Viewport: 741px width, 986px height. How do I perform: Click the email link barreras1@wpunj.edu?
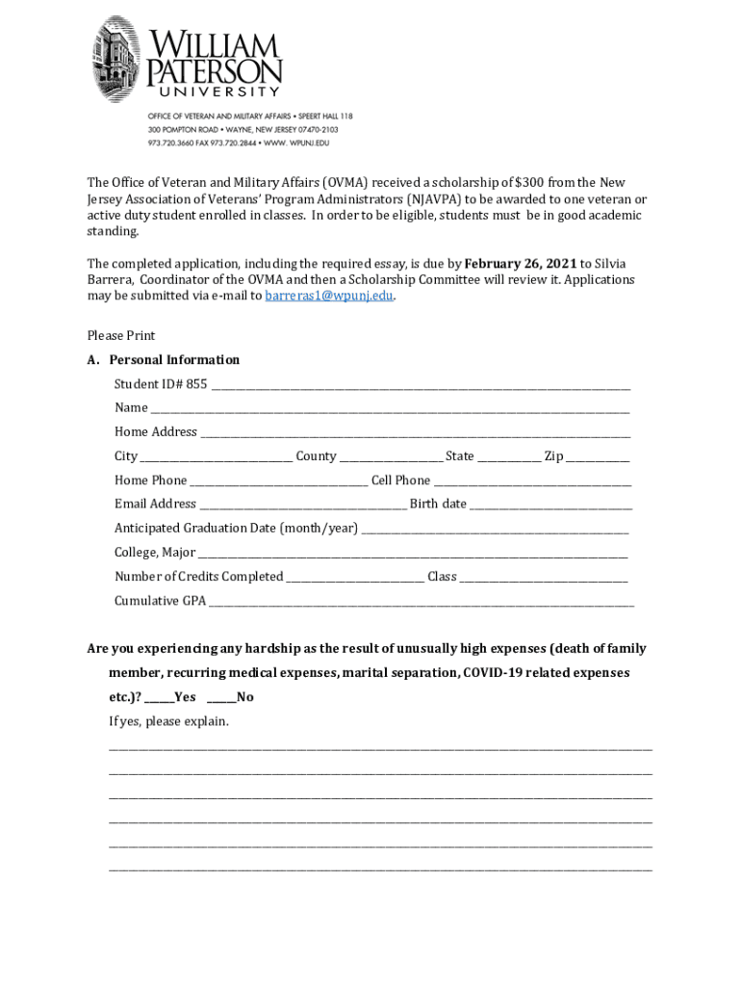coord(329,297)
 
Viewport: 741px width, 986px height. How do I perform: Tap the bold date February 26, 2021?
coord(521,264)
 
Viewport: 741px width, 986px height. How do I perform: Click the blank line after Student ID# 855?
coord(421,385)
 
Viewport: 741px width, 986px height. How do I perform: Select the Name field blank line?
coord(390,409)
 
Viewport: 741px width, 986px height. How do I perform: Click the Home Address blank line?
coord(415,433)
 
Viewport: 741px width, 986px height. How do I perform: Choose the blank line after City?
coord(217,457)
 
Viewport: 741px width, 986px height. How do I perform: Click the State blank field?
coord(510,457)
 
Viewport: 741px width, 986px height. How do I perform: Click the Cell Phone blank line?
coord(532,481)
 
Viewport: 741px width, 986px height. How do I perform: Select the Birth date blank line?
coord(551,505)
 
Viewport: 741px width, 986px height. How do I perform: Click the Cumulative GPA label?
coord(160,601)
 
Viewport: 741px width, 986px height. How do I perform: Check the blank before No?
coord(221,698)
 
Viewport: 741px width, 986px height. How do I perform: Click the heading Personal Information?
coord(174,360)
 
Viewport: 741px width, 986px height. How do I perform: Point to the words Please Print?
coord(121,336)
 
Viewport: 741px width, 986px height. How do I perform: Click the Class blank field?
coord(544,578)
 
